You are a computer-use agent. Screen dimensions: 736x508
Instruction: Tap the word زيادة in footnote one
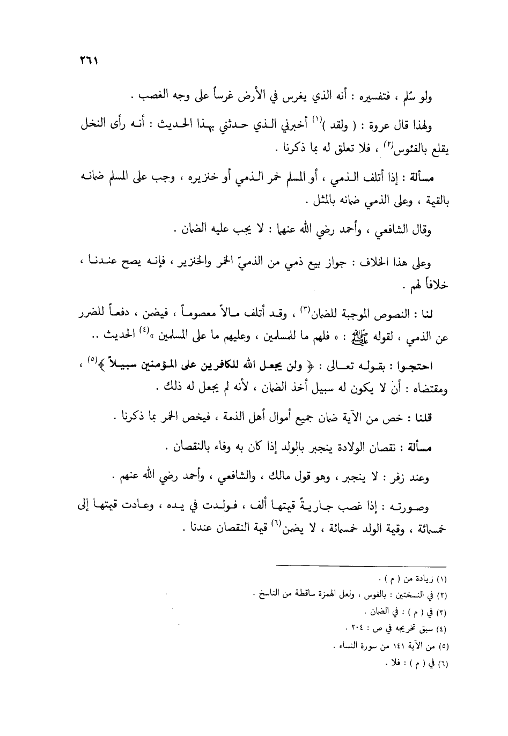(x=416, y=579)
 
